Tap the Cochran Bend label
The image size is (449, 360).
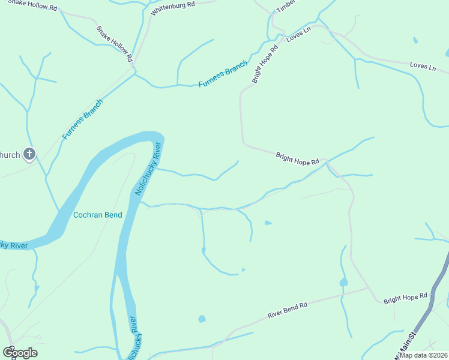(97, 215)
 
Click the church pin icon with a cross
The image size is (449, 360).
(29, 155)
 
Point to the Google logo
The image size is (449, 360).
(20, 352)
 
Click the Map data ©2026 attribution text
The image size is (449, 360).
(424, 355)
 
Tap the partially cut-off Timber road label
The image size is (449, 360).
(286, 6)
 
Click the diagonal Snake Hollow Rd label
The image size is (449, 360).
(114, 44)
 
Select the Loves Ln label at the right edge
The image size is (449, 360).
(423, 65)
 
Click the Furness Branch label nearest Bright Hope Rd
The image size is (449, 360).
(223, 74)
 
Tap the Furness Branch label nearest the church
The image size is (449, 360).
(82, 119)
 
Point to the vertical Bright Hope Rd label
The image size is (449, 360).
(265, 64)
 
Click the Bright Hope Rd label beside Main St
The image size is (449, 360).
(405, 297)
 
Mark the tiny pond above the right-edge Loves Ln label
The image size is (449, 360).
(415, 41)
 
